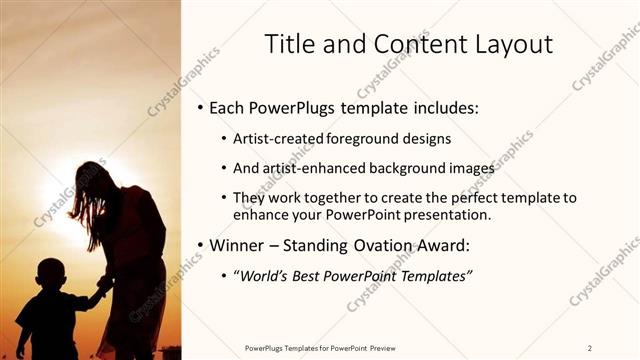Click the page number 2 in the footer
click(x=590, y=348)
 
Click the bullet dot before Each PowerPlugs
click(x=200, y=107)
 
